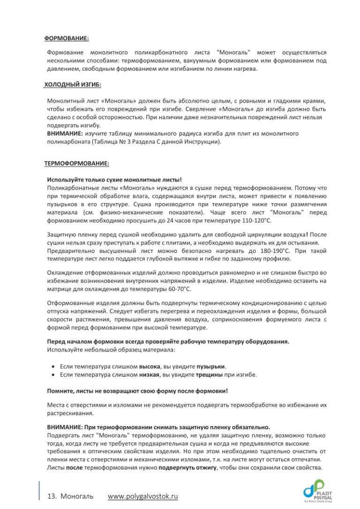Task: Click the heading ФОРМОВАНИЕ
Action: click(x=67, y=38)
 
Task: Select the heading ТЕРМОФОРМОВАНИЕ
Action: click(x=76, y=164)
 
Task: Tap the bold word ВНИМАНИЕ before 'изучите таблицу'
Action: click(x=62, y=134)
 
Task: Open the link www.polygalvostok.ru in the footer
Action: click(x=143, y=496)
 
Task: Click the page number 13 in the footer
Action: click(x=52, y=496)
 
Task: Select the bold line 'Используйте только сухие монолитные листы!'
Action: click(x=114, y=179)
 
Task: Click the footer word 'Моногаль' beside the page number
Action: click(x=77, y=496)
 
